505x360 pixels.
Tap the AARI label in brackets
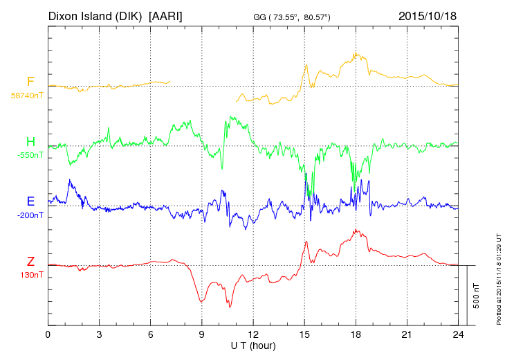coord(166,15)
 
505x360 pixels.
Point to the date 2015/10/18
coord(427,15)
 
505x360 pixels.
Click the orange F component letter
coord(30,82)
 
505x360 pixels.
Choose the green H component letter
coord(30,143)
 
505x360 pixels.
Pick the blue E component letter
coord(30,201)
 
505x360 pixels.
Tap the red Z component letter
coord(30,261)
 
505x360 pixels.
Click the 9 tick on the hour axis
coord(201,334)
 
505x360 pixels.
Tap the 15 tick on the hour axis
coord(304,334)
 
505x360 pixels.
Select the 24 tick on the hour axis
coord(458,334)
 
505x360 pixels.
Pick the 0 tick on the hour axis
coord(48,334)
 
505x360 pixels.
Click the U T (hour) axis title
coord(253,345)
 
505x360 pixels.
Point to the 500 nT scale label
coord(475,296)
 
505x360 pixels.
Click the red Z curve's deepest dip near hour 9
coord(201,302)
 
